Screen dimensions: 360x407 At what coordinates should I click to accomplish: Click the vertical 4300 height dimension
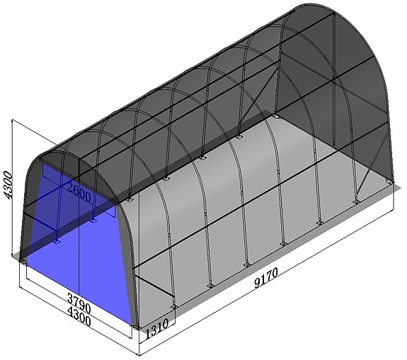tap(9, 185)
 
